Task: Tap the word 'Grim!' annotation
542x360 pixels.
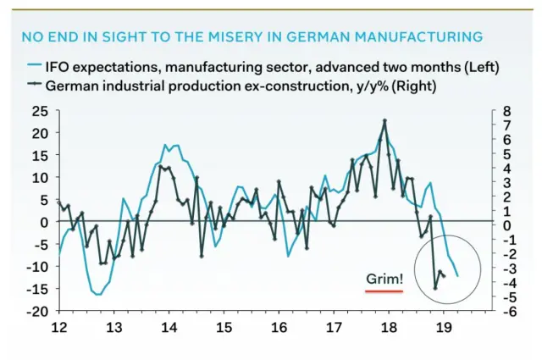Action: click(384, 278)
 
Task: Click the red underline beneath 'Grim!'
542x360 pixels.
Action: click(384, 291)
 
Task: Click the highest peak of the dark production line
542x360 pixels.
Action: click(384, 120)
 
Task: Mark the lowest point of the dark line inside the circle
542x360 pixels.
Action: click(435, 288)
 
